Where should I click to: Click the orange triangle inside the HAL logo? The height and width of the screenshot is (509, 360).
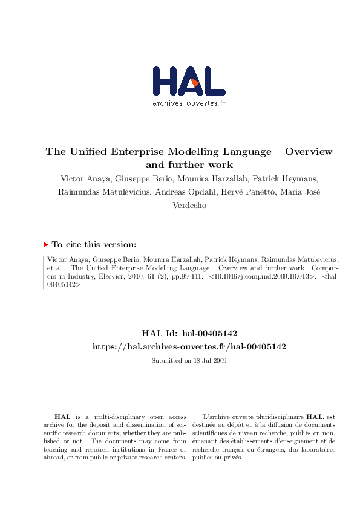tap(195, 83)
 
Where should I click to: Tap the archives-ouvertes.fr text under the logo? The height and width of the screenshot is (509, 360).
tap(189, 103)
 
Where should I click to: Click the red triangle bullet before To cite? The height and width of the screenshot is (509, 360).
tap(46, 245)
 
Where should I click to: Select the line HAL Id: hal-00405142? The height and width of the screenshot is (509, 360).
tap(189, 333)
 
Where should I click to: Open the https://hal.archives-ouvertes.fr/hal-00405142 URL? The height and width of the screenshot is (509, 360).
tap(189, 346)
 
